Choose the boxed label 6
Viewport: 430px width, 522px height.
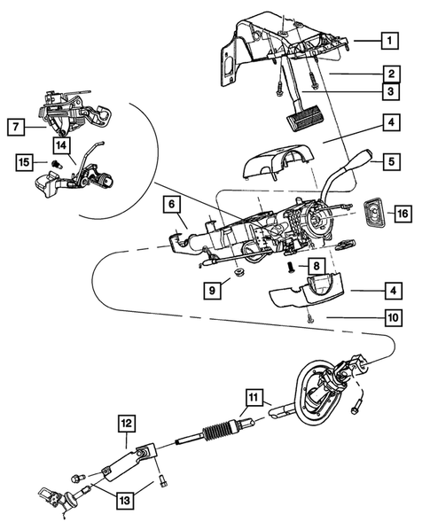[x=169, y=205]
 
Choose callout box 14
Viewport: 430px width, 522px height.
[x=60, y=144]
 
